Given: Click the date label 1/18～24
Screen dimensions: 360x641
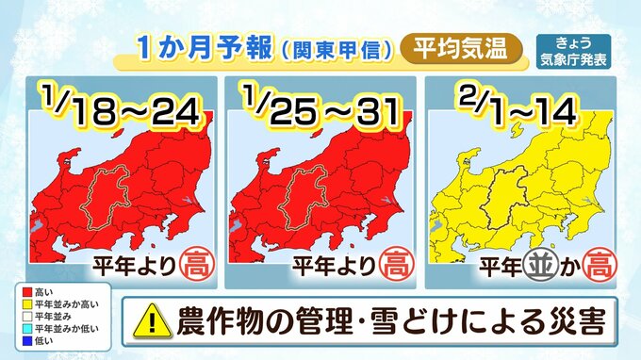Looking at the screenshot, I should pos(120,106).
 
